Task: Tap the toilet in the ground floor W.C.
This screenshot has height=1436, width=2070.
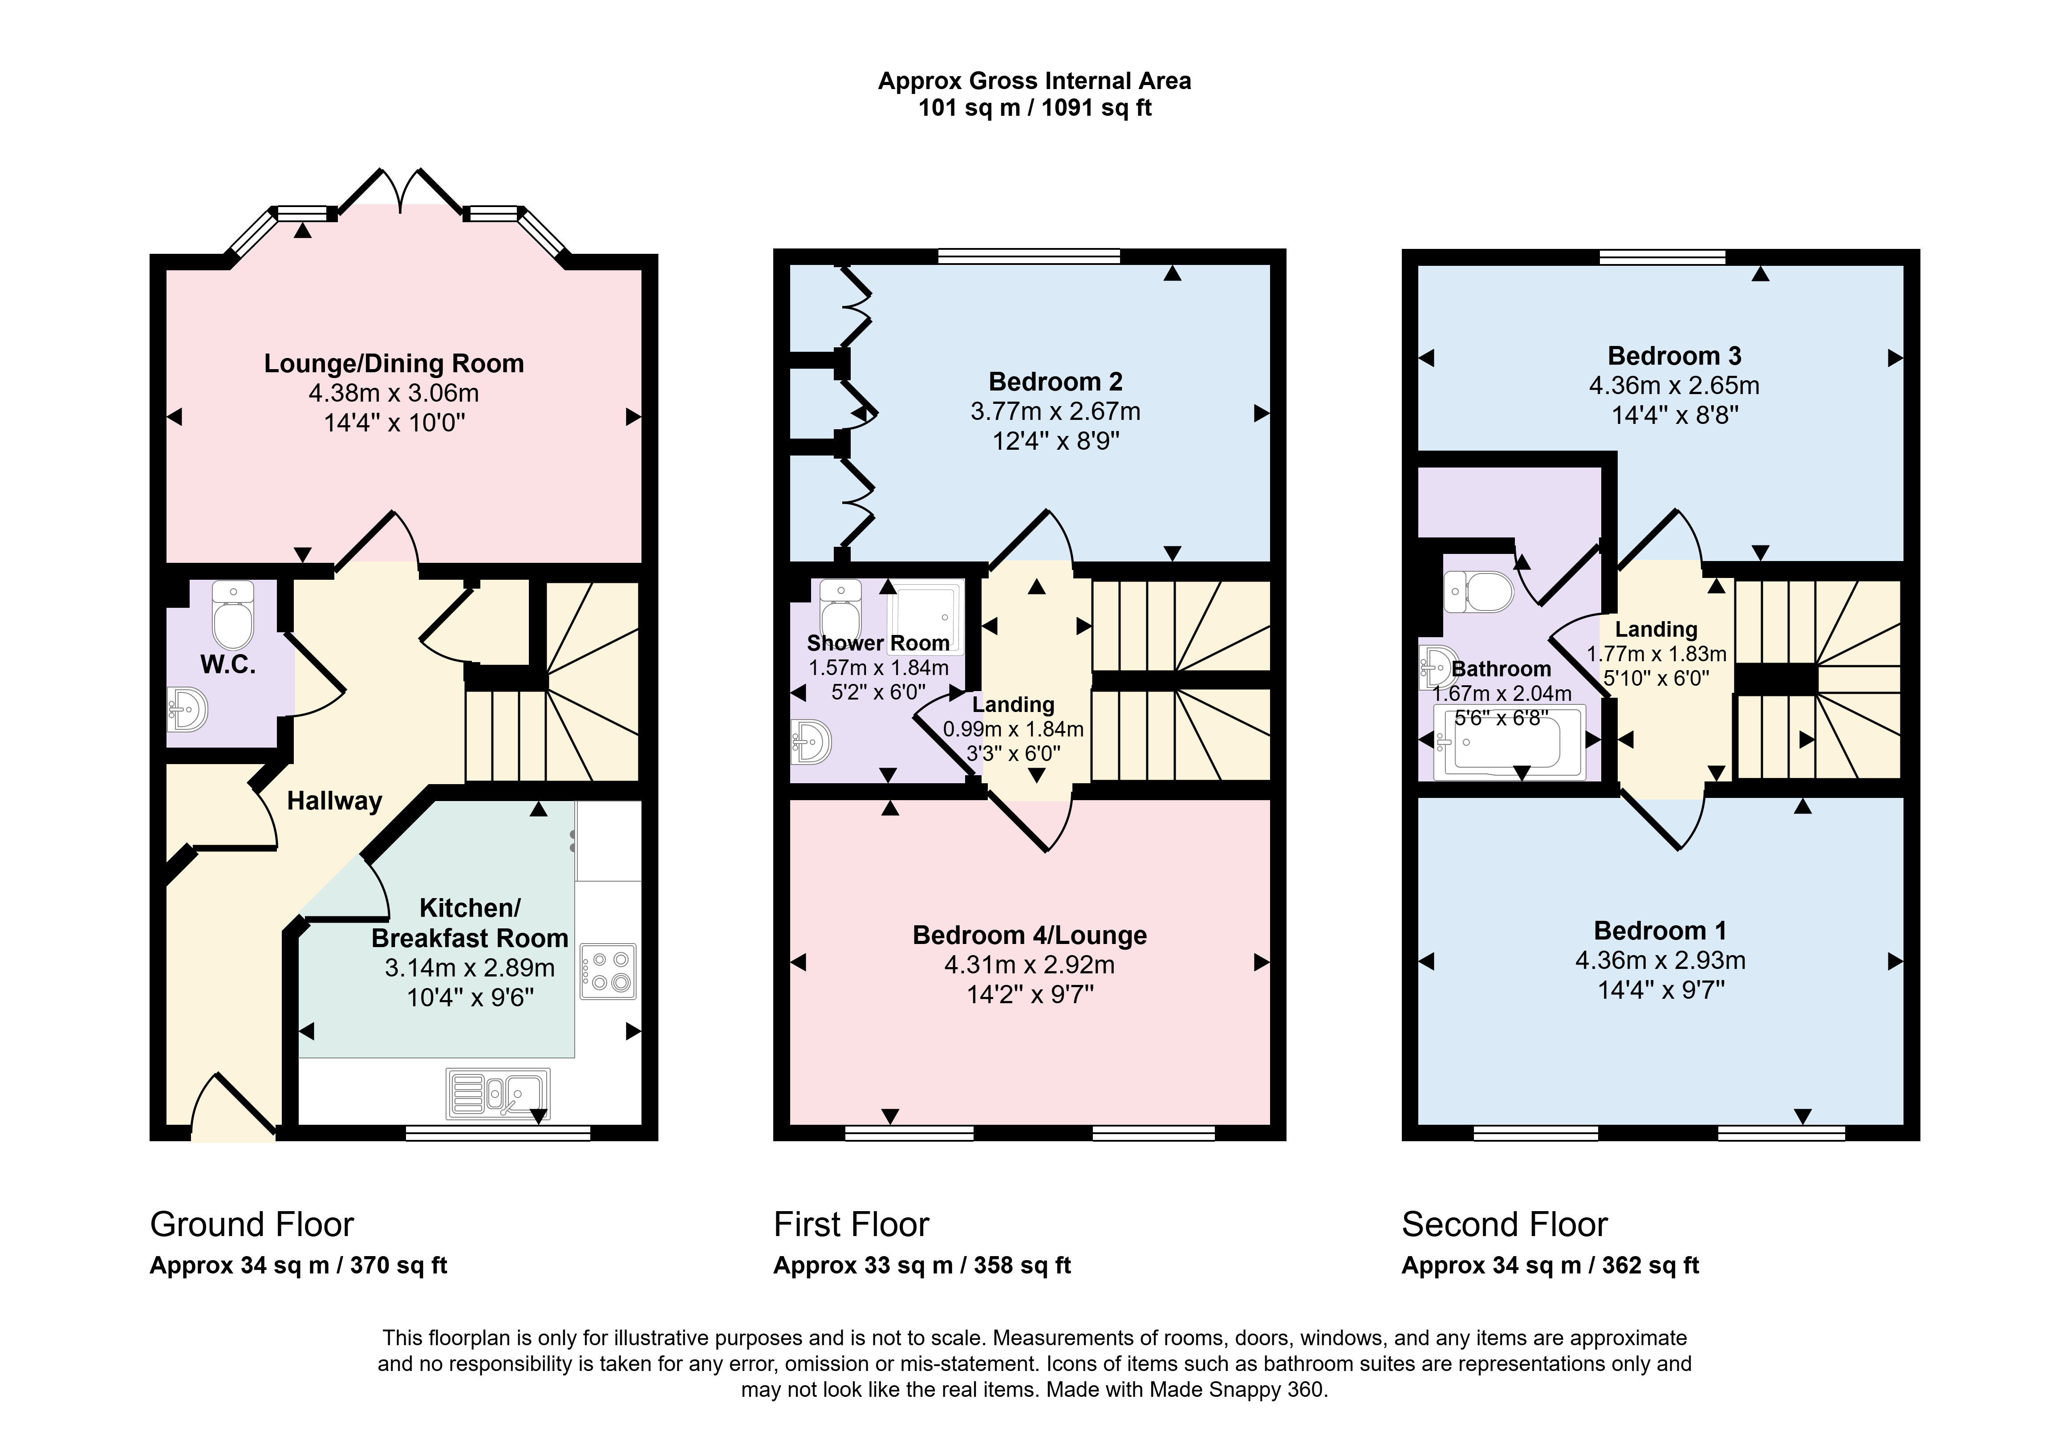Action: [233, 614]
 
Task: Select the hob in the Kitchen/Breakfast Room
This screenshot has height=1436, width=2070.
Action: [608, 971]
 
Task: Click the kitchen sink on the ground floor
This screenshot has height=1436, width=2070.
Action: [498, 1094]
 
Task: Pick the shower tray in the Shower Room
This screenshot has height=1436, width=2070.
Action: [925, 616]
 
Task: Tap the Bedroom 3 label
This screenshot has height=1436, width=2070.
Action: [1674, 356]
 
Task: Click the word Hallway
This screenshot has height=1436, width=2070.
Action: [335, 801]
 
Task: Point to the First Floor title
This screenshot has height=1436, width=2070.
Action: [851, 1224]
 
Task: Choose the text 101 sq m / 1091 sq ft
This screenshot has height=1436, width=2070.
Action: [1035, 108]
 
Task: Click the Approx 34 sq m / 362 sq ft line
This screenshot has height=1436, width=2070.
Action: [1550, 1265]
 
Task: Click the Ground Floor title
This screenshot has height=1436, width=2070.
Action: [252, 1224]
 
